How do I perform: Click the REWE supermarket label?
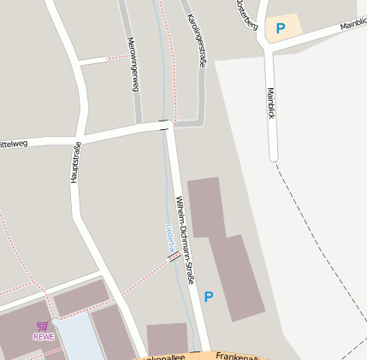tap(44, 336)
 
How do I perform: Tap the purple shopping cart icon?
tap(43, 326)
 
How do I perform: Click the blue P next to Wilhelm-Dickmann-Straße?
tap(209, 297)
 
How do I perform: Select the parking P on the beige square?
tap(280, 28)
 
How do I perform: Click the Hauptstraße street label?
tap(75, 162)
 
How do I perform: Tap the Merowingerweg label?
tap(133, 64)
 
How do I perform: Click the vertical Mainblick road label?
tap(271, 103)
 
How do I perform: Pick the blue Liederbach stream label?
tap(169, 237)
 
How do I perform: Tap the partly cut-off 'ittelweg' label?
tap(14, 143)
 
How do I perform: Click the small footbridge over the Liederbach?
tap(174, 255)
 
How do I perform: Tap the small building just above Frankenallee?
tap(167, 339)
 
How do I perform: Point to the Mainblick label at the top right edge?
tap(352, 25)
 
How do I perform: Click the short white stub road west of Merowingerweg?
tap(92, 60)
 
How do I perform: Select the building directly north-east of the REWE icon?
tap(81, 297)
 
